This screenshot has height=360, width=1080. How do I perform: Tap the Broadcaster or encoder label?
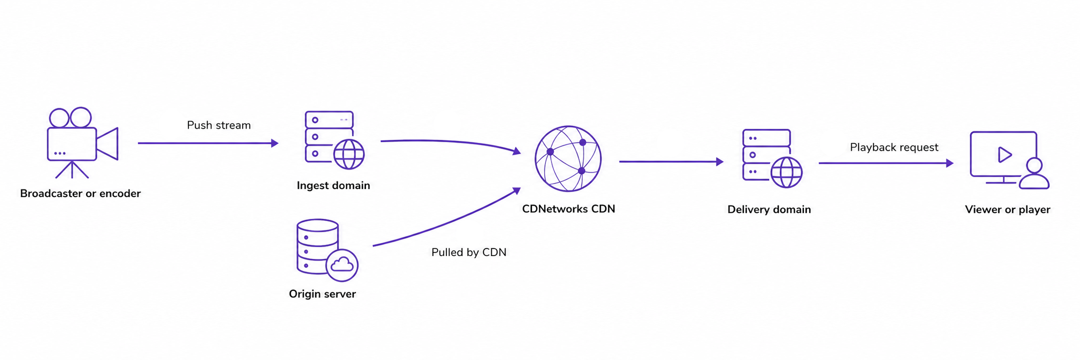click(81, 193)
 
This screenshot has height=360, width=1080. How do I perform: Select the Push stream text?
click(219, 125)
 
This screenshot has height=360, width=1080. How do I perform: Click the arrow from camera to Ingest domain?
click(208, 143)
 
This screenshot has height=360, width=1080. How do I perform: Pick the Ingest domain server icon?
click(334, 140)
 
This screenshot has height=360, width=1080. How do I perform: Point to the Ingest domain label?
click(334, 185)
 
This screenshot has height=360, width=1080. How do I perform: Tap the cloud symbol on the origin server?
click(342, 265)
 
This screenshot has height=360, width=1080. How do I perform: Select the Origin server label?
click(323, 294)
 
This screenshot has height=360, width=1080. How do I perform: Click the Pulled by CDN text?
click(469, 253)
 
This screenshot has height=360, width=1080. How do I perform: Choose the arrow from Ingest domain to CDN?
click(450, 142)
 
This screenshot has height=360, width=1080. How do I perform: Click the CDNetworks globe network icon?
click(568, 159)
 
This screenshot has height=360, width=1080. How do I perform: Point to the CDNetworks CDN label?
click(568, 209)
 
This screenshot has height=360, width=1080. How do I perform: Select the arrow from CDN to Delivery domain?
click(671, 162)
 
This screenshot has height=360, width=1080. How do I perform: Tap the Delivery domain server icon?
click(772, 159)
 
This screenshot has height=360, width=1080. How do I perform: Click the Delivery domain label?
click(769, 209)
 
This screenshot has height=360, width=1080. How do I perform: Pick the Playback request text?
click(894, 148)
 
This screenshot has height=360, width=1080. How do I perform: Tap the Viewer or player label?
click(1008, 210)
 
